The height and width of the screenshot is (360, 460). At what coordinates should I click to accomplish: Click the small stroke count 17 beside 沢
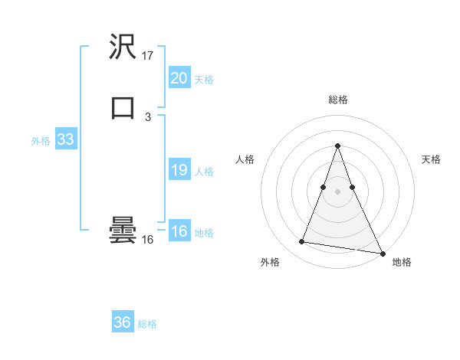click(x=148, y=56)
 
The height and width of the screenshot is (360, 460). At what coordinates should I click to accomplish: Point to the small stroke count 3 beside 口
click(x=148, y=116)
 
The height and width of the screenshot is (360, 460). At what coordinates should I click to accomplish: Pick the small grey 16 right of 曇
click(x=148, y=240)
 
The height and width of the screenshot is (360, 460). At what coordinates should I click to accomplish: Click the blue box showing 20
click(x=179, y=77)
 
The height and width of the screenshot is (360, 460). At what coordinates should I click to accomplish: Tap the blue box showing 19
click(x=179, y=170)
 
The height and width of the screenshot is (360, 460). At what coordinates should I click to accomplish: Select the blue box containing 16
click(x=179, y=231)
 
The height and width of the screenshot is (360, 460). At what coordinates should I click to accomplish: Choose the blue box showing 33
click(x=65, y=140)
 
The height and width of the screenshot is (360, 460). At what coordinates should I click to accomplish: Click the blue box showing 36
click(x=122, y=322)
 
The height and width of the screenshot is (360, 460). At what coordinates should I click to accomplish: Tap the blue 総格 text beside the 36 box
click(x=147, y=324)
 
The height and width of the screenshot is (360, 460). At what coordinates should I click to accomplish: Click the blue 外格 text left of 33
click(x=41, y=141)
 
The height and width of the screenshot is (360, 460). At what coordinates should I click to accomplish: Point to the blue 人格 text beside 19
click(x=205, y=172)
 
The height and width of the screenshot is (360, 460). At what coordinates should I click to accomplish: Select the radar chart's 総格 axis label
click(x=337, y=100)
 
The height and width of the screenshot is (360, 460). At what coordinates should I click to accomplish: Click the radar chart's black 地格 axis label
click(x=402, y=262)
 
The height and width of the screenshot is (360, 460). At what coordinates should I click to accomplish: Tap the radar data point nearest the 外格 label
click(x=302, y=242)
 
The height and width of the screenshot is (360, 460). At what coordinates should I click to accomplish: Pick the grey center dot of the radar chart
click(x=337, y=188)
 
